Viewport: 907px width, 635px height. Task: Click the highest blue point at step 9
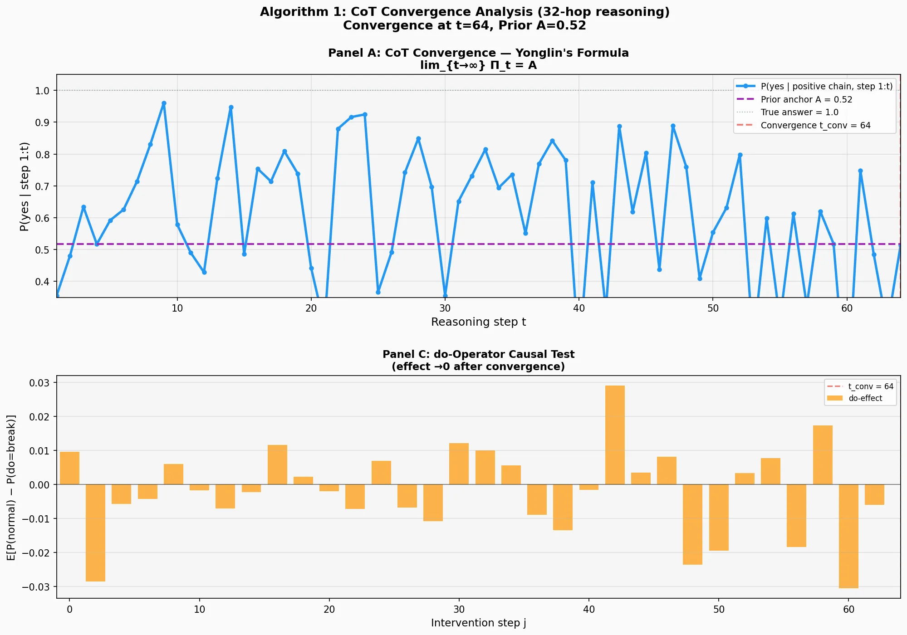pyautogui.click(x=164, y=103)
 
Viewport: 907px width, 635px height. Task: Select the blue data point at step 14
pyautogui.click(x=231, y=107)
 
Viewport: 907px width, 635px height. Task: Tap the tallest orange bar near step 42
pyautogui.click(x=615, y=435)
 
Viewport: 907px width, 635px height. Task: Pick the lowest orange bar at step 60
pyautogui.click(x=848, y=536)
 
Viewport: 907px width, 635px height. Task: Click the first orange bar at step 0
pyautogui.click(x=69, y=468)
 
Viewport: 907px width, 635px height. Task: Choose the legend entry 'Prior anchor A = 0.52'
pyautogui.click(x=806, y=99)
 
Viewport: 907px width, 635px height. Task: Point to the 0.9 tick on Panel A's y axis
pyautogui.click(x=42, y=122)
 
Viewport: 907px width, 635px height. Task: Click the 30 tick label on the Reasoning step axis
pyautogui.click(x=445, y=308)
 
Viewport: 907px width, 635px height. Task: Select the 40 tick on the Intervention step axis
pyautogui.click(x=589, y=610)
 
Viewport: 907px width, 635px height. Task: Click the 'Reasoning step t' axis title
pyautogui.click(x=478, y=322)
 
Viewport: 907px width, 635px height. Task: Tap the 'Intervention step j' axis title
pyautogui.click(x=478, y=623)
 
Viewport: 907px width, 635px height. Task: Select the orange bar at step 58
pyautogui.click(x=823, y=455)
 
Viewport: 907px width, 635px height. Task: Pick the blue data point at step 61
pyautogui.click(x=860, y=171)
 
